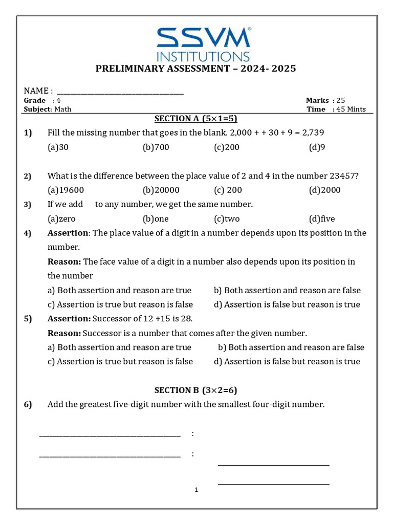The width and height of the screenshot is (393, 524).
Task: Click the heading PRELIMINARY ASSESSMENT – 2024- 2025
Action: (x=196, y=69)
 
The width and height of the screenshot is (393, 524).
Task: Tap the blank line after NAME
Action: (x=120, y=91)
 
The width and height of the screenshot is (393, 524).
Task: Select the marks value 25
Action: (x=341, y=101)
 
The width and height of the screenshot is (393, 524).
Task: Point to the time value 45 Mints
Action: (x=351, y=109)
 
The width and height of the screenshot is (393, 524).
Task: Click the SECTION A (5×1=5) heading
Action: (x=196, y=119)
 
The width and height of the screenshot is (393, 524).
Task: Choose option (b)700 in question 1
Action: (x=156, y=147)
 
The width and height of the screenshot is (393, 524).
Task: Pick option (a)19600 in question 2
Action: (x=65, y=190)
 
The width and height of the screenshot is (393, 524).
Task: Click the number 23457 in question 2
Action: (x=343, y=176)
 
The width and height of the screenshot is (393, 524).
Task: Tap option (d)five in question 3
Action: (x=322, y=219)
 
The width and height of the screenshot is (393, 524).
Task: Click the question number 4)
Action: (x=28, y=233)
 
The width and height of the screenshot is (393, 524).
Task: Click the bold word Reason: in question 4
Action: (x=64, y=262)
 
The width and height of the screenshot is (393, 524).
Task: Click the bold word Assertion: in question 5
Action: (x=69, y=319)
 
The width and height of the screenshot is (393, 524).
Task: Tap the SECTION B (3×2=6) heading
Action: (x=195, y=390)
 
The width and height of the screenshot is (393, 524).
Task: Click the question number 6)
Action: (x=28, y=405)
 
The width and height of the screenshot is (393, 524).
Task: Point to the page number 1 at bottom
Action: (x=196, y=490)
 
